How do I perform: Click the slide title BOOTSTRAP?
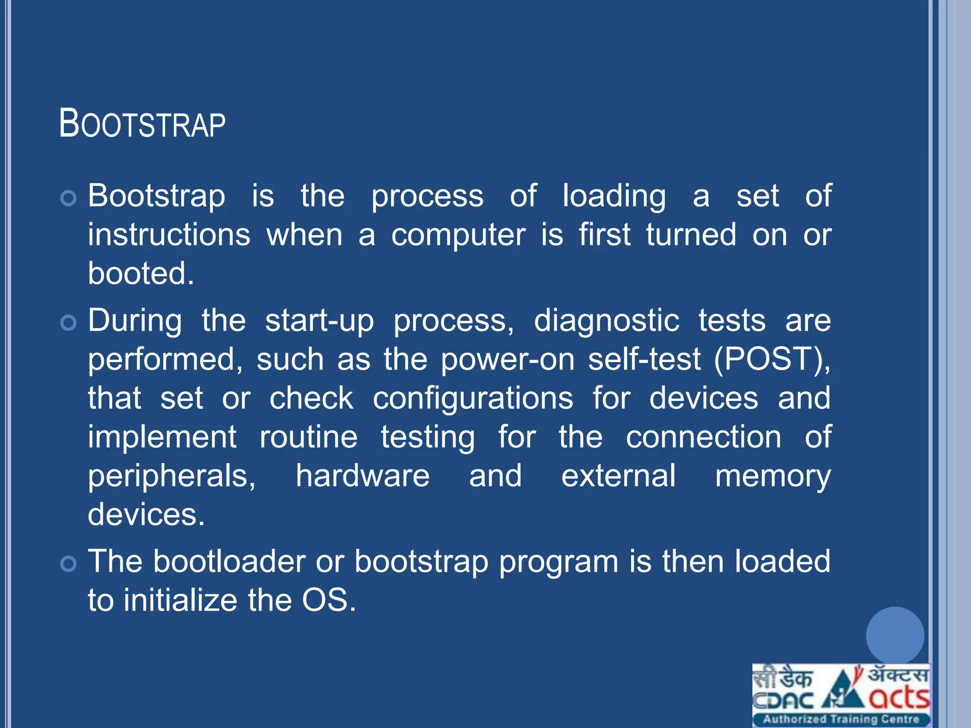click(142, 123)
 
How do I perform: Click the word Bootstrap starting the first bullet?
click(156, 196)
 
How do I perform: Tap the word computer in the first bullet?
click(458, 235)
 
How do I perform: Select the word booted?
click(141, 273)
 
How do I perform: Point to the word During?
click(135, 320)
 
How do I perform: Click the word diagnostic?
click(606, 321)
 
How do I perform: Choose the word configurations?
click(473, 398)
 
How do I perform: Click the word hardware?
click(363, 476)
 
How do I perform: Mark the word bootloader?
click(229, 562)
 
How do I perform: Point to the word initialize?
click(180, 601)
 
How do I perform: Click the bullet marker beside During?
click(69, 323)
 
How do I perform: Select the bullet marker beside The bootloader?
click(69, 564)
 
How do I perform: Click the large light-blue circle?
click(895, 635)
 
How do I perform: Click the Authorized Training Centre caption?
click(841, 719)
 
